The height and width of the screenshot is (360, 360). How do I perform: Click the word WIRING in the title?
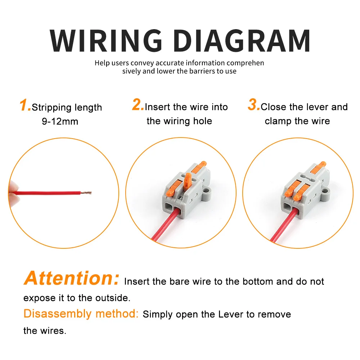pos(106,41)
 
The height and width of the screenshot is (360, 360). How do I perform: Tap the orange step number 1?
pos(25,105)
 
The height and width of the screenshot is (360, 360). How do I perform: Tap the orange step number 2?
pos(138,105)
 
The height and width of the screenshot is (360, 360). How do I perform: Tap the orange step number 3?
pos(253,105)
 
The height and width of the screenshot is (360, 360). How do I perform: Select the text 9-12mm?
pos(60,121)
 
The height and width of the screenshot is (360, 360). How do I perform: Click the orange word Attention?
pos(71,278)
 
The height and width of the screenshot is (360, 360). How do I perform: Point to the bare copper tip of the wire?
pos(86,193)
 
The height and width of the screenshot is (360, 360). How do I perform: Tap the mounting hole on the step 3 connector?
pos(325,191)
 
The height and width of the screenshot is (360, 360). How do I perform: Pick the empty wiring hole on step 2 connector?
pos(168,207)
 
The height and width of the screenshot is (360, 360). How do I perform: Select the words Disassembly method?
pos(81,314)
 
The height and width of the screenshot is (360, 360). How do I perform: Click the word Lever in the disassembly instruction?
pos(230,314)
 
